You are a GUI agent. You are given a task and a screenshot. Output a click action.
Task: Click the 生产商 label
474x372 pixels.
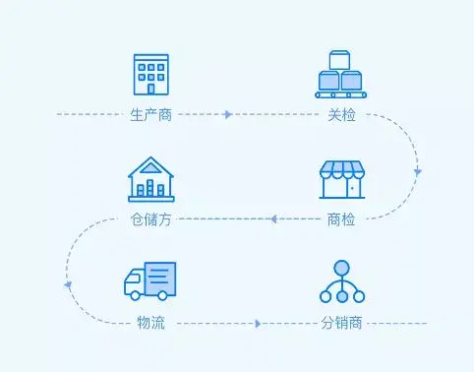click(150, 115)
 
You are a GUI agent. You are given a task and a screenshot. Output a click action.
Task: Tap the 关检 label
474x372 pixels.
click(341, 115)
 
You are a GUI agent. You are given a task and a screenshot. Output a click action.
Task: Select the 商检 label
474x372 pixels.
click(341, 218)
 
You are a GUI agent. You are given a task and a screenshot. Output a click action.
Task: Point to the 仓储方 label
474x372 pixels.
click(150, 218)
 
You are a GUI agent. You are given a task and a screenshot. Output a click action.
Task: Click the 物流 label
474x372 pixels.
click(150, 323)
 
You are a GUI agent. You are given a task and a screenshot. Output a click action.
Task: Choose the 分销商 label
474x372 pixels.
click(341, 323)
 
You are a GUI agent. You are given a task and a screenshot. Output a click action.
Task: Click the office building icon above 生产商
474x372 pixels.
click(150, 74)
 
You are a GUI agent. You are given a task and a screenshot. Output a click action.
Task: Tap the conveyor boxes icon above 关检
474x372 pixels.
click(341, 74)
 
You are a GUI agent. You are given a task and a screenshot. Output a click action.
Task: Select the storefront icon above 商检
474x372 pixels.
click(341, 179)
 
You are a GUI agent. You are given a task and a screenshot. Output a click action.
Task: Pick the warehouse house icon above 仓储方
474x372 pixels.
click(150, 179)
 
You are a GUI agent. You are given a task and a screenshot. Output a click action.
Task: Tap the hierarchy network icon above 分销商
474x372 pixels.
click(341, 281)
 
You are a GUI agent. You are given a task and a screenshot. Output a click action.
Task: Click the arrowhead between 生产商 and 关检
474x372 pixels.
click(228, 115)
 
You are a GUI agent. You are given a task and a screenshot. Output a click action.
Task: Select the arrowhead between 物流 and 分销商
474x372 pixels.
click(259, 323)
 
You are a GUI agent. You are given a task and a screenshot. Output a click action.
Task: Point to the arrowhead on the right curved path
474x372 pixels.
click(417, 172)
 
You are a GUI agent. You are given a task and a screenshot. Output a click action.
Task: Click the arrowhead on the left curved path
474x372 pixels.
click(68, 284)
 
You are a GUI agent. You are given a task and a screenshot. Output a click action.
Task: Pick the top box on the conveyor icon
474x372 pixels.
click(341, 58)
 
